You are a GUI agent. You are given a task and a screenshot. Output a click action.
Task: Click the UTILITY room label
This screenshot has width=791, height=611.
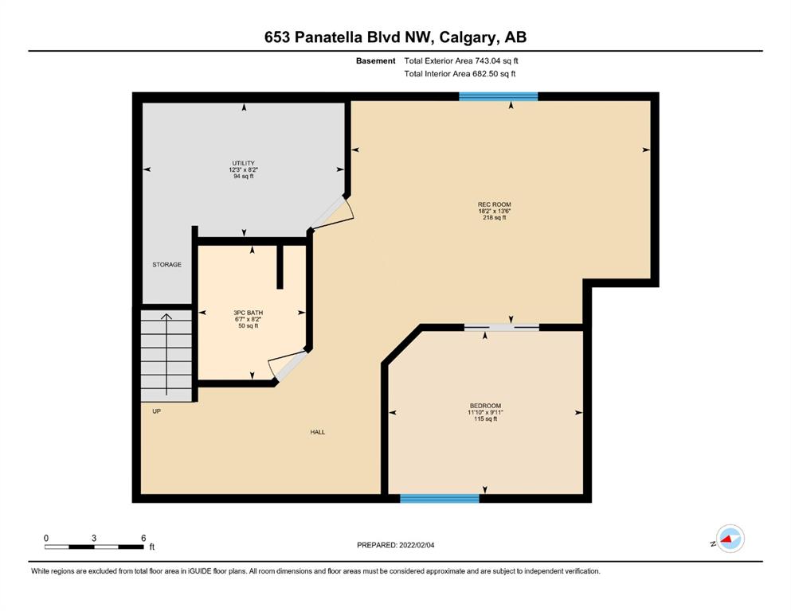tap(243, 163)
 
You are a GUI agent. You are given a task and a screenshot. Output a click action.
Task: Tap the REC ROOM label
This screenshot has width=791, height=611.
tap(495, 204)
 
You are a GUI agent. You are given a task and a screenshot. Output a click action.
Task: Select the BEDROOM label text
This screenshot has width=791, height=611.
tap(485, 406)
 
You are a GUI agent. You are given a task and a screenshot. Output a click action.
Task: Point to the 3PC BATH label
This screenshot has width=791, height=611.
tap(249, 313)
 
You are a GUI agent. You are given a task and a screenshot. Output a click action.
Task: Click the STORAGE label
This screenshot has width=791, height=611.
tap(167, 264)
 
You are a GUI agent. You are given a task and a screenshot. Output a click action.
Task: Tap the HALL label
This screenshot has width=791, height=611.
tap(318, 432)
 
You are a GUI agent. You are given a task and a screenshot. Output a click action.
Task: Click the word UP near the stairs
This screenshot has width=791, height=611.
tap(157, 411)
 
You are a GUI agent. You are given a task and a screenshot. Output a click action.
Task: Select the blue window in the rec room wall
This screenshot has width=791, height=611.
tap(499, 97)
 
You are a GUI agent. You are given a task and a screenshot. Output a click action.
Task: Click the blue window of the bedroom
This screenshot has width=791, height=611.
tap(440, 499)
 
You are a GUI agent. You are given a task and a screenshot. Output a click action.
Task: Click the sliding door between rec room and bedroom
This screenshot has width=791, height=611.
tap(501, 328)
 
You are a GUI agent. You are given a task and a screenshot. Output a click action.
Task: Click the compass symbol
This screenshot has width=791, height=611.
tap(730, 539)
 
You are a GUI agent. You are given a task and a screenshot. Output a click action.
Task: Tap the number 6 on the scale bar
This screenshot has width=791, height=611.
tap(143, 538)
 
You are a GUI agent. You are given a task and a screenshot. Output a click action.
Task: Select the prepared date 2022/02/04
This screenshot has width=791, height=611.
tap(417, 545)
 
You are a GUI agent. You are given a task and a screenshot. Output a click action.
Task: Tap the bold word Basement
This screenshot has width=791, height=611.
tap(376, 61)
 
